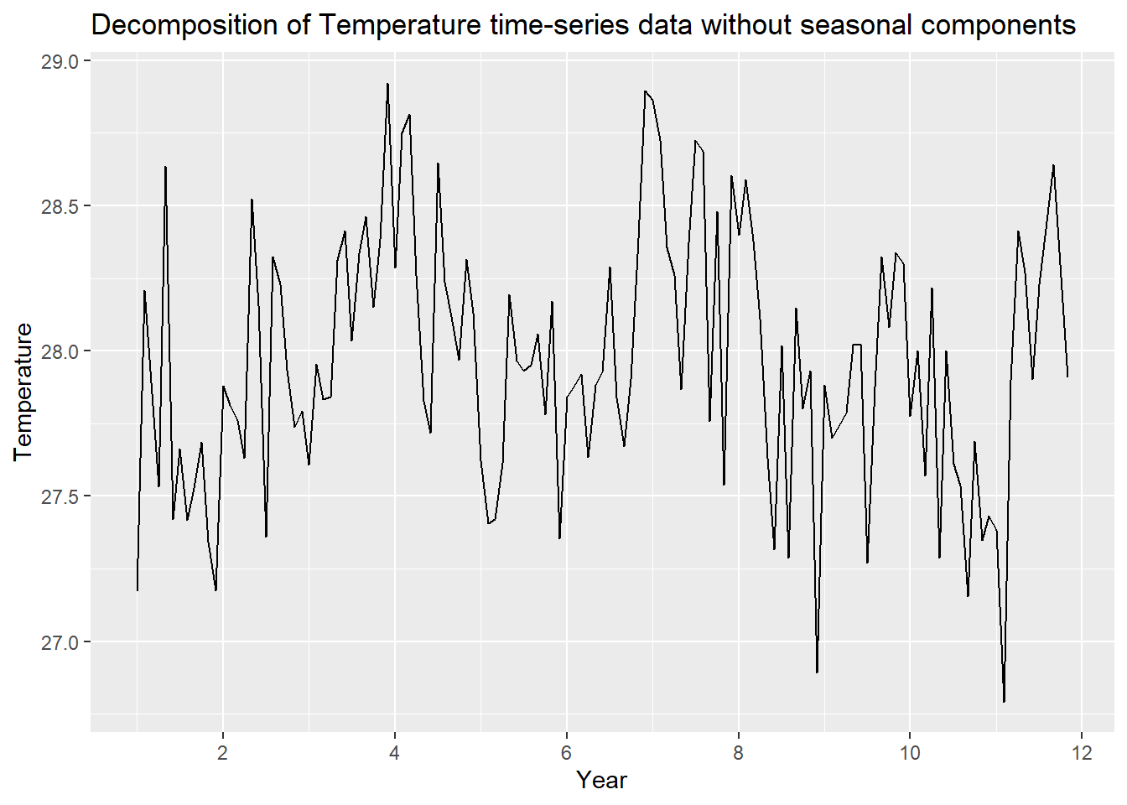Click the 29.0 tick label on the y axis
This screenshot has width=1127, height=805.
click(x=59, y=62)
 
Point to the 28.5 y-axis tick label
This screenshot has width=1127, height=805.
click(x=59, y=206)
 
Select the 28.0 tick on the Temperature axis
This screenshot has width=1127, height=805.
click(x=59, y=351)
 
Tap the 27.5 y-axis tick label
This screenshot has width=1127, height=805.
click(x=59, y=496)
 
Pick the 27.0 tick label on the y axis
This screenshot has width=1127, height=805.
click(x=59, y=642)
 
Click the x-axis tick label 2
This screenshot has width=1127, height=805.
click(x=223, y=752)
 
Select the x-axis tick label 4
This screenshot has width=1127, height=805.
click(x=395, y=752)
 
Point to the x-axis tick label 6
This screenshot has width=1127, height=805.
click(x=567, y=752)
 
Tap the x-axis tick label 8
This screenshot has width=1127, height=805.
click(x=739, y=752)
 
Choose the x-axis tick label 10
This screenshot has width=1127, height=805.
click(x=910, y=752)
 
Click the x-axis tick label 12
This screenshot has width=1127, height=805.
click(x=1082, y=752)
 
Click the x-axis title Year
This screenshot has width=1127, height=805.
click(x=601, y=781)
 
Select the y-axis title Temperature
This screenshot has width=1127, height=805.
click(x=23, y=392)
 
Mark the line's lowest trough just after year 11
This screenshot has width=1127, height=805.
click(x=1004, y=701)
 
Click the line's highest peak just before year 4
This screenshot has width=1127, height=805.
click(x=387, y=84)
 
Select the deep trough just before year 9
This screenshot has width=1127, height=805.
click(x=817, y=672)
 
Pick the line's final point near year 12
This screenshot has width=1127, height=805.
click(x=1067, y=377)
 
